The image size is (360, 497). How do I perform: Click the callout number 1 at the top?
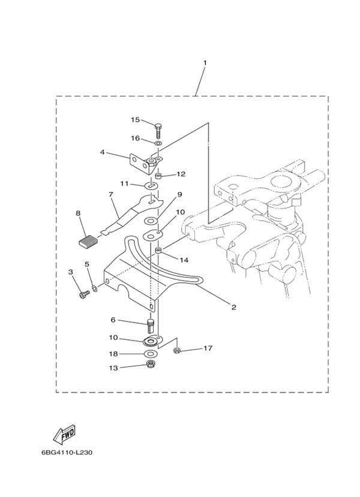[205, 63]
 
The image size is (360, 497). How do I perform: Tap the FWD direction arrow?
[64, 434]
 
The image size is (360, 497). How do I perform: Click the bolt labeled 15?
[158, 130]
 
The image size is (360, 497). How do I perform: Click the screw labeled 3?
[84, 295]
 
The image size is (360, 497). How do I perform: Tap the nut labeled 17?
[176, 351]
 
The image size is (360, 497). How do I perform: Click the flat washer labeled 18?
[151, 353]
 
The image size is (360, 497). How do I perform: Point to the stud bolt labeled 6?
[151, 326]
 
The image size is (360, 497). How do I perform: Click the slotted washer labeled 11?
[152, 184]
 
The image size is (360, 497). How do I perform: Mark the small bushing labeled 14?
[158, 251]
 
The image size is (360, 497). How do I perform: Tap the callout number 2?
[234, 307]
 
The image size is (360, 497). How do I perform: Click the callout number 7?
[110, 194]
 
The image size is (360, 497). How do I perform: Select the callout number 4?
[102, 152]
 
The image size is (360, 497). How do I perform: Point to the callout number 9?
[179, 194]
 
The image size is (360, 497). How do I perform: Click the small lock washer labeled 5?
[95, 288]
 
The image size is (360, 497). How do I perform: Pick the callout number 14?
[184, 260]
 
